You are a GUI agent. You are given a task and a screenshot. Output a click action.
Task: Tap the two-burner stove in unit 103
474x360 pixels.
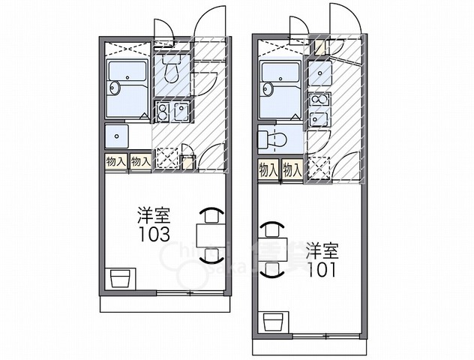163,112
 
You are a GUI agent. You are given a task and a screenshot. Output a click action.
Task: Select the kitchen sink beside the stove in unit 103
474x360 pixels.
181,112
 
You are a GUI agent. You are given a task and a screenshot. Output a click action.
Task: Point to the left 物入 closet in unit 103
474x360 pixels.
115,161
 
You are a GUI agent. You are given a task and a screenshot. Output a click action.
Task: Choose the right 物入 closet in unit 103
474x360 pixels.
140,161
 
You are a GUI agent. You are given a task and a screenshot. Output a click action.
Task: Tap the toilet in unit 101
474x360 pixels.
271,138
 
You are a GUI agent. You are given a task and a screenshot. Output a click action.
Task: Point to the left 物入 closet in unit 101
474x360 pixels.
268,169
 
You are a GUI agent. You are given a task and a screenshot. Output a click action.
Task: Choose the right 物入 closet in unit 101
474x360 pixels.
292,169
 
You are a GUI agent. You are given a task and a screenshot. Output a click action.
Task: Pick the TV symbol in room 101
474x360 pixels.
274,322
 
